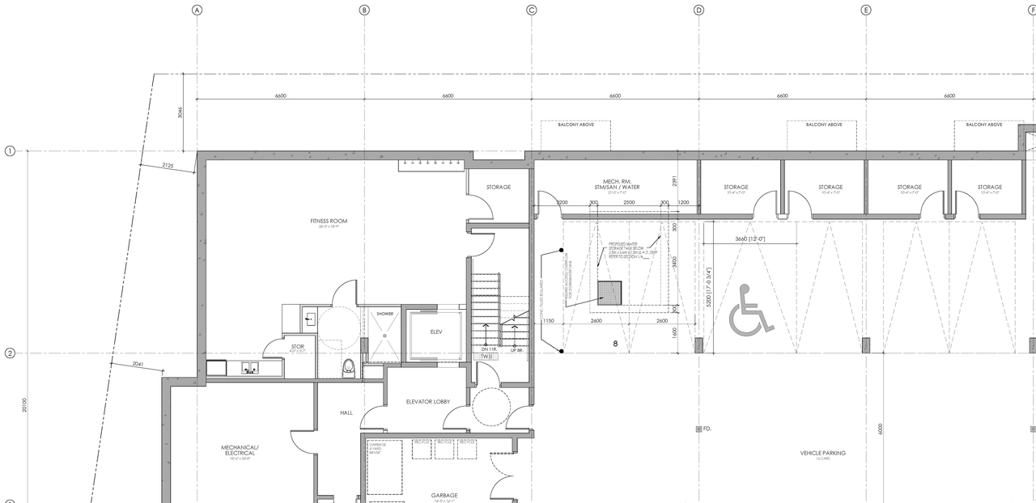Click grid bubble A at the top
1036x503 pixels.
coord(197,10)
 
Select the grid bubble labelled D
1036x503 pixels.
coord(698,10)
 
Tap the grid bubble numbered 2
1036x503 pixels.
coord(10,353)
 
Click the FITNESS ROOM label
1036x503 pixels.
coord(329,222)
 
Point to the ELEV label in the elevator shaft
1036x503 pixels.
coord(436,332)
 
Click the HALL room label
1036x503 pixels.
coord(346,412)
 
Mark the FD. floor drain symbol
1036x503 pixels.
coord(698,429)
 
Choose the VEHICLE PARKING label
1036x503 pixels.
coord(822,454)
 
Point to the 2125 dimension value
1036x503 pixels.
coord(168,165)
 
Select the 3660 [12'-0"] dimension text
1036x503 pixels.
coord(749,239)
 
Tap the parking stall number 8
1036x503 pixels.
coord(615,344)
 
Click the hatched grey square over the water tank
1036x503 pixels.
coord(609,293)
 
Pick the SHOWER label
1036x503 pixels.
coord(384,314)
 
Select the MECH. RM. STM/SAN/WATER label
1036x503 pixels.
coord(615,184)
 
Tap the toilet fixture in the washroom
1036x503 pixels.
coord(349,368)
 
